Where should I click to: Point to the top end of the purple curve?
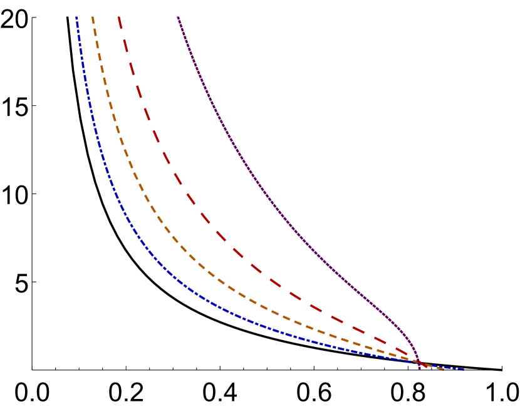[178, 18]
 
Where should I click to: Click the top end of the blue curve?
[76, 18]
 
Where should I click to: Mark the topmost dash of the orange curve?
[93, 20]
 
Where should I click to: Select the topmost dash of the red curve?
[120, 23]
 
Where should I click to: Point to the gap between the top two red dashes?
[123, 36]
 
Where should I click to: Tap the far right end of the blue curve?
[464, 369]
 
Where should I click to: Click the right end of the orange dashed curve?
[444, 369]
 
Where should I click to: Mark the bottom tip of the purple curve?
[420, 368]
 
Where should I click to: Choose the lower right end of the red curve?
[426, 366]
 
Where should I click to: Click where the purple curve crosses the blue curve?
[419, 364]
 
